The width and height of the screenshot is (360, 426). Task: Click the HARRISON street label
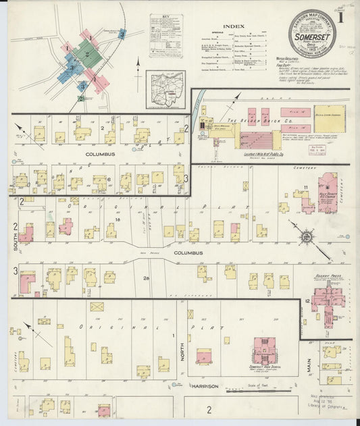coord(204,386)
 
